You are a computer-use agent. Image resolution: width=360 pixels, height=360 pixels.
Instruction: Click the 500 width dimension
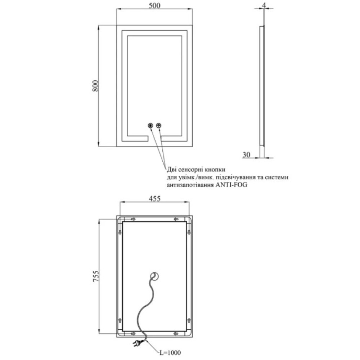pyautogui.click(x=154, y=5)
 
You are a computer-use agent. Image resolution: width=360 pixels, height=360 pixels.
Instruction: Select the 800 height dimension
pyautogui.click(x=95, y=86)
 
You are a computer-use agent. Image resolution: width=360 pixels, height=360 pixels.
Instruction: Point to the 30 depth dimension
pyautogui.click(x=246, y=155)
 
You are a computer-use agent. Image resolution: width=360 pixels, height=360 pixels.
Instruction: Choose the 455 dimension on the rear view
pyautogui.click(x=154, y=198)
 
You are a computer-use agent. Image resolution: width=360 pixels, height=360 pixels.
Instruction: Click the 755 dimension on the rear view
pyautogui.click(x=96, y=276)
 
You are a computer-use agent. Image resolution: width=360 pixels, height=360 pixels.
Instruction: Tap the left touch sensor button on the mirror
pyautogui.click(x=150, y=125)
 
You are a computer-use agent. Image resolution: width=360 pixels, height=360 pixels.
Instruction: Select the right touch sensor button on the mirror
pyautogui.click(x=159, y=125)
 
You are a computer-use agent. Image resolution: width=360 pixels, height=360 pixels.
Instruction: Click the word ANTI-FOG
pyautogui.click(x=231, y=185)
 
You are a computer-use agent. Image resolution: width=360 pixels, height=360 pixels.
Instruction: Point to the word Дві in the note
pyautogui.click(x=172, y=170)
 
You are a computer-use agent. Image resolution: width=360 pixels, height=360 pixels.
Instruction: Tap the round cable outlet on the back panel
pyautogui.click(x=155, y=276)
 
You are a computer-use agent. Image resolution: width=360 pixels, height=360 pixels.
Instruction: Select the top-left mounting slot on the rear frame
pyautogui.click(x=133, y=219)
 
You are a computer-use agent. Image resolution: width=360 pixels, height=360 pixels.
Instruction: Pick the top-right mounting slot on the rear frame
pyautogui.click(x=176, y=219)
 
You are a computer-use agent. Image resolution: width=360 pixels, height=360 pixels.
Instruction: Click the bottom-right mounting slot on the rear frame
pyautogui.click(x=176, y=333)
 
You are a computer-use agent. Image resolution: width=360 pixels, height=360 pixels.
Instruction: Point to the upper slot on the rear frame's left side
pyautogui.click(x=120, y=232)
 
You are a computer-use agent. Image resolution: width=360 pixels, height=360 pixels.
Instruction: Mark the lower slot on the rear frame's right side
pyautogui.click(x=189, y=320)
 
